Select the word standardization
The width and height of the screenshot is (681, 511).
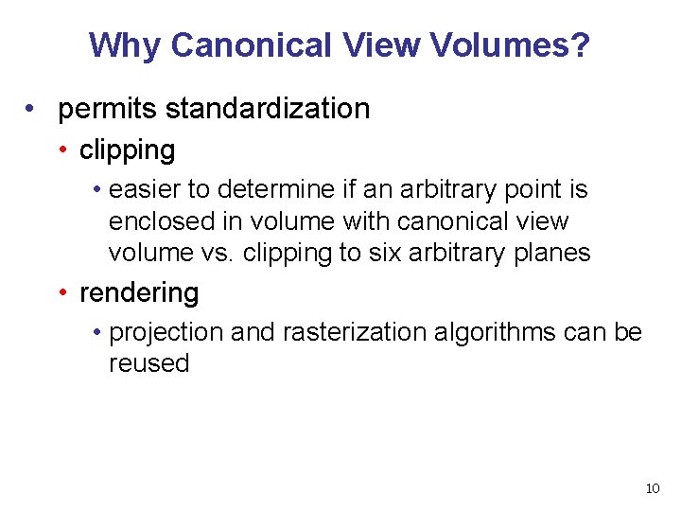click(268, 109)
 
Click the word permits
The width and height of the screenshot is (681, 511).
click(108, 109)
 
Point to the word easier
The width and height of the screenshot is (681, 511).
click(145, 190)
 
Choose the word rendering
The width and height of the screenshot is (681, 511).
click(139, 293)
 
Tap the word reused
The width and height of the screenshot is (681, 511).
click(148, 363)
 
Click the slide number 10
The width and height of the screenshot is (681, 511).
click(652, 488)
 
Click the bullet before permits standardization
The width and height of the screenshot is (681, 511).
click(32, 110)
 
